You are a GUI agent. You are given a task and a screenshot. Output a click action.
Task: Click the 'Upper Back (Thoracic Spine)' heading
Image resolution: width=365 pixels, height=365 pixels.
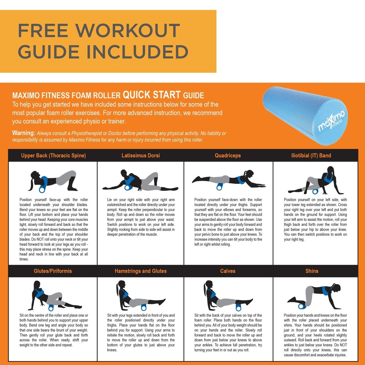[x=53, y=155]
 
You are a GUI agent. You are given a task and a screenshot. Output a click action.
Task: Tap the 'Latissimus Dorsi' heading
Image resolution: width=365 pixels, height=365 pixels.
[x=141, y=155]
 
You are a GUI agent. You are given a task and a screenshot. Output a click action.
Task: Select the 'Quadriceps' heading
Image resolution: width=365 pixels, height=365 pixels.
[x=228, y=155]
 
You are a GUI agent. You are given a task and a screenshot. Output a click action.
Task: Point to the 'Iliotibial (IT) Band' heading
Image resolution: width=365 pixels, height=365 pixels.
[x=311, y=155]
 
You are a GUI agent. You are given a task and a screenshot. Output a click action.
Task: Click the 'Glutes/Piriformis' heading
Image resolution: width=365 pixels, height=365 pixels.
[x=53, y=271]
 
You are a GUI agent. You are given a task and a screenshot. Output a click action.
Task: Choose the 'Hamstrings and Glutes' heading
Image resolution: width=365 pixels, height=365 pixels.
[x=141, y=271]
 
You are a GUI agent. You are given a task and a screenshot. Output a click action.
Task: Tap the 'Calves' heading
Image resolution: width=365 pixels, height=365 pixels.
[x=228, y=271]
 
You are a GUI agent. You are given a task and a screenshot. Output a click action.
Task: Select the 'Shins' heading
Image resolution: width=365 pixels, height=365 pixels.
[x=312, y=271]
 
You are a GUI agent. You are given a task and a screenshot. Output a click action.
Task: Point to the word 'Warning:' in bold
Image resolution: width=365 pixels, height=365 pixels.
[x=23, y=133]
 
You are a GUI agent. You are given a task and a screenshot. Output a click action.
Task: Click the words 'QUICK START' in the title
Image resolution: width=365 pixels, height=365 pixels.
[x=151, y=95]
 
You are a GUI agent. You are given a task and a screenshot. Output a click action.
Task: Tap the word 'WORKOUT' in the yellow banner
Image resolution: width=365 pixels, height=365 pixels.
[x=127, y=30]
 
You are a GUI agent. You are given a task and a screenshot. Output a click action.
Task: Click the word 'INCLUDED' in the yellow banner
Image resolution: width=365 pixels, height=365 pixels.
[x=137, y=52]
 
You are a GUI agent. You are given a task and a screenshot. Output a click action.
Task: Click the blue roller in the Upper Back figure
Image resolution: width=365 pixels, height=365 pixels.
[x=42, y=189]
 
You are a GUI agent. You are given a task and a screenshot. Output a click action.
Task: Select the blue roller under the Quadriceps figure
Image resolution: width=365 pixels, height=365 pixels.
[x=219, y=187]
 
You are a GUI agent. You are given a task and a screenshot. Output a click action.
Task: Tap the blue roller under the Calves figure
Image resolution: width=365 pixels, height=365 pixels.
[x=238, y=307]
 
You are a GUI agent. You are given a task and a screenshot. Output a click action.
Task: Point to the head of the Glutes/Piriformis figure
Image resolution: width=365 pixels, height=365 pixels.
[x=37, y=285]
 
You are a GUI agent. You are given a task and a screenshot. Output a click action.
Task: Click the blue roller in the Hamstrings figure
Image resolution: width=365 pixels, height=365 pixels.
[x=143, y=307]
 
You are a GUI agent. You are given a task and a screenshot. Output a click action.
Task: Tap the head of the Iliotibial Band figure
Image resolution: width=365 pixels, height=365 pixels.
[x=331, y=170]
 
